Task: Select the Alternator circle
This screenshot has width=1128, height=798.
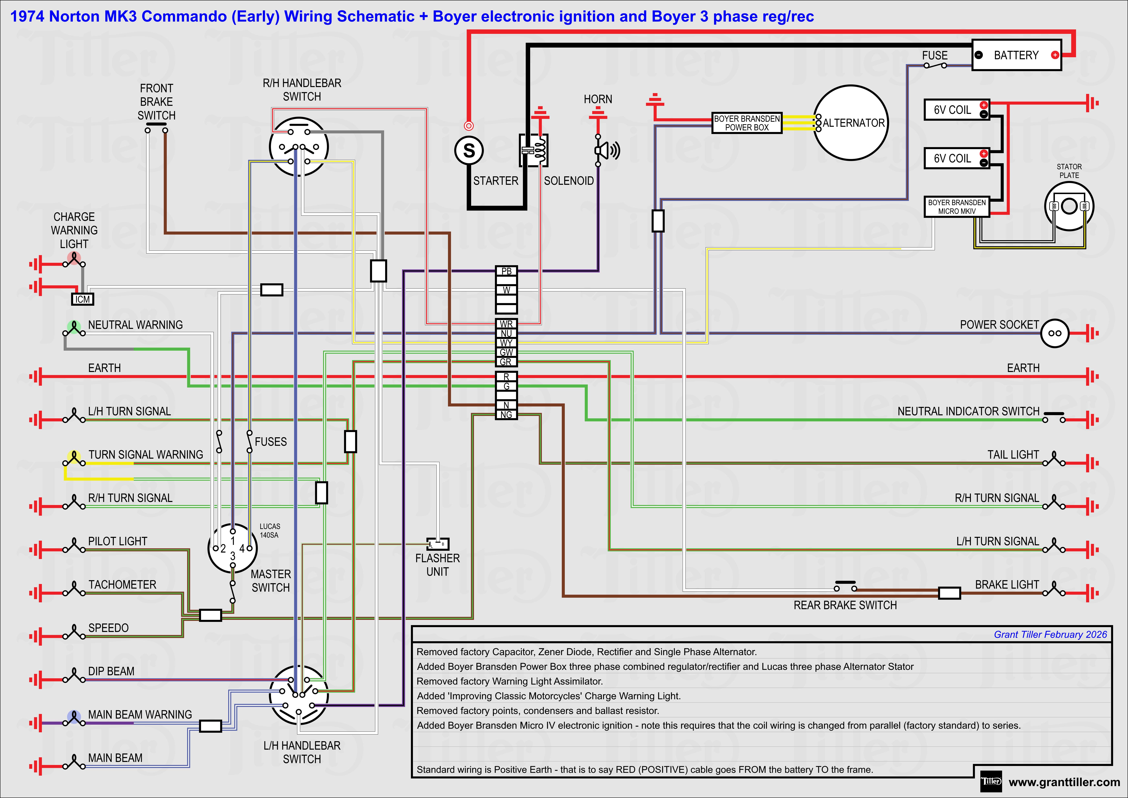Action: [851, 123]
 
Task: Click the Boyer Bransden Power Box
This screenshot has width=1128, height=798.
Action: [747, 123]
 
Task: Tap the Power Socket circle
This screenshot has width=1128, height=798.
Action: [1054, 333]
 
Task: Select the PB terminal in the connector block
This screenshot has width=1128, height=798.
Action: [506, 271]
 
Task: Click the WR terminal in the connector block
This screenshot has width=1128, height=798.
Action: [506, 324]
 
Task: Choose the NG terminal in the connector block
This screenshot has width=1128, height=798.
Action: [506, 415]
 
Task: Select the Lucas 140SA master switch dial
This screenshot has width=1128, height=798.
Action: [232, 548]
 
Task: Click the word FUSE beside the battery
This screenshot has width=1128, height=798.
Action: [934, 56]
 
